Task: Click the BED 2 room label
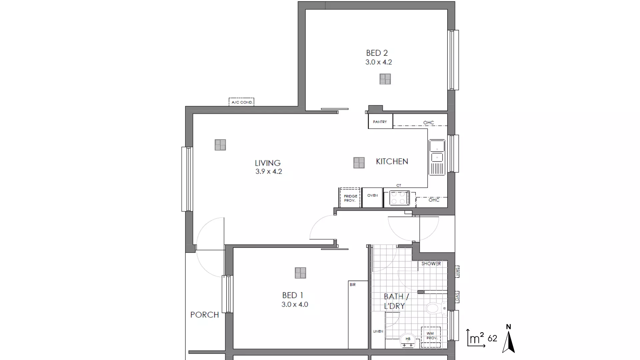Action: coord(377,53)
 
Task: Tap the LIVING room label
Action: coord(268,163)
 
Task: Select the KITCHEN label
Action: coord(392,161)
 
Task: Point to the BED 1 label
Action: coord(292,295)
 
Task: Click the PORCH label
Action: coord(204,315)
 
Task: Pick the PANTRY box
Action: coord(380,122)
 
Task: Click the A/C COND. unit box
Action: coord(242,102)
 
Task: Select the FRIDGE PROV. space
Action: coord(350,198)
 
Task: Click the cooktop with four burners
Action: coord(400,198)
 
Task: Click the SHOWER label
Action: coord(431,264)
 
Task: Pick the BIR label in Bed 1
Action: coord(353,285)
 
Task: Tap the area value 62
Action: coord(492,339)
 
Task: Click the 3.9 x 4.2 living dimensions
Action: coord(269,172)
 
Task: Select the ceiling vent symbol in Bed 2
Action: coord(385,79)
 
